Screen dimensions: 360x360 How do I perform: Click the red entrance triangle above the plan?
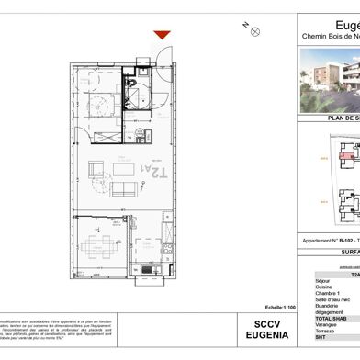[162, 35]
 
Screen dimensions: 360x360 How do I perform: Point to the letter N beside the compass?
[243, 24]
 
